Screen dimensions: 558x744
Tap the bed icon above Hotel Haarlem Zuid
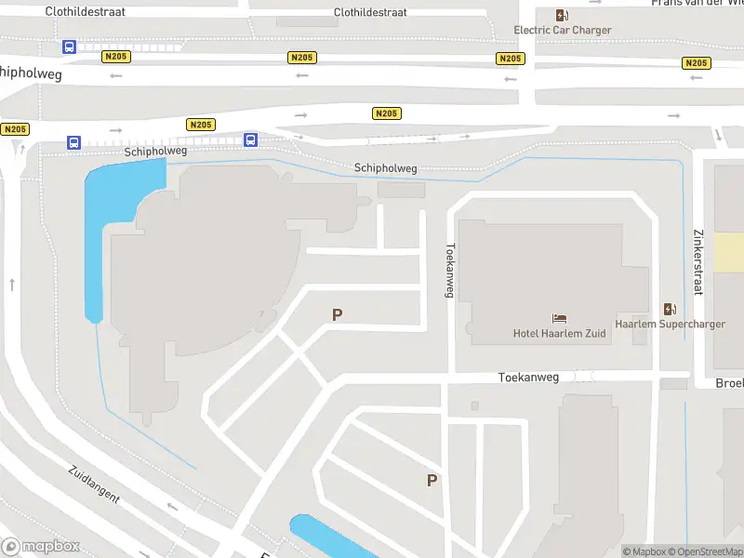(559, 318)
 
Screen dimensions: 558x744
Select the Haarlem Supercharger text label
(670, 325)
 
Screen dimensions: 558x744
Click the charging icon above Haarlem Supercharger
(670, 309)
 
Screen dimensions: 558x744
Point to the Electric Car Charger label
(563, 30)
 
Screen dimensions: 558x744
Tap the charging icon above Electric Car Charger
(562, 15)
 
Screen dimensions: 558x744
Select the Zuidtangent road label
(94, 484)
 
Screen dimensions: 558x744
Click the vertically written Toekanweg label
(450, 271)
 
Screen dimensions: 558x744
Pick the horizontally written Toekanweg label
(528, 378)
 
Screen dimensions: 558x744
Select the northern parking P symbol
(337, 315)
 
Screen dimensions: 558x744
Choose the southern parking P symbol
(432, 481)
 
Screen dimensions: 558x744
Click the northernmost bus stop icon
(69, 46)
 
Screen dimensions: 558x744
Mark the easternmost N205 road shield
(696, 63)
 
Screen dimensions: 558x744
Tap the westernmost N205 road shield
(15, 129)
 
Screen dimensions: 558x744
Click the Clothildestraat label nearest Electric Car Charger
(370, 13)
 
